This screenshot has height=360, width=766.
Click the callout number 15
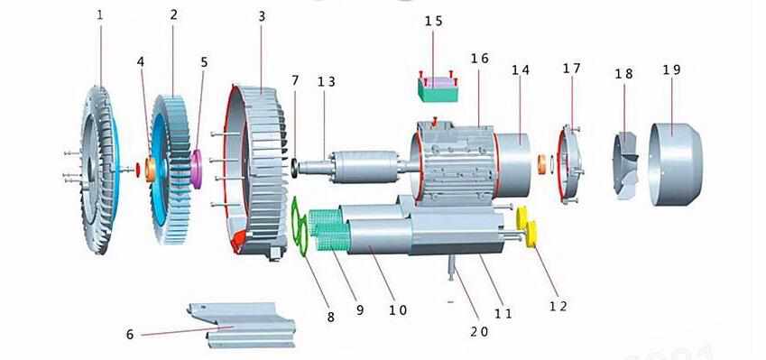[x=433, y=21]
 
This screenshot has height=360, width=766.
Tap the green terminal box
[x=438, y=87]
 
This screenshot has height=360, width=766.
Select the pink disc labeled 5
[x=197, y=169]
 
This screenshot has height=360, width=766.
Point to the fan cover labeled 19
[x=676, y=163]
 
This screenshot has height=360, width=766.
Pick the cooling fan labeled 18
[x=626, y=165]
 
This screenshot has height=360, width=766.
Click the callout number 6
[x=129, y=334]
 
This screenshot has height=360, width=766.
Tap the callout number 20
[x=479, y=332]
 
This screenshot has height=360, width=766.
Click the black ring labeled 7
[x=294, y=168]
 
